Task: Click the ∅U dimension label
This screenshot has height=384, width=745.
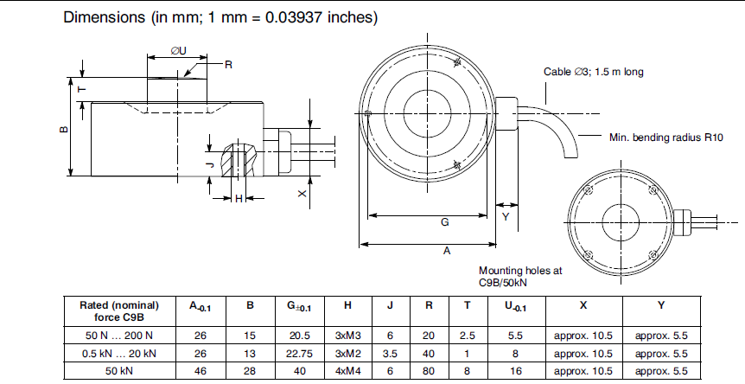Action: (179, 51)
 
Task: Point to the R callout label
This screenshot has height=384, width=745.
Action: (229, 65)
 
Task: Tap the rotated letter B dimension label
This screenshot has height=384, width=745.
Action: (63, 129)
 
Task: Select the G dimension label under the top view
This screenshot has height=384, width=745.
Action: (444, 222)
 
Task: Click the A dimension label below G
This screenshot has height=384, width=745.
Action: (447, 251)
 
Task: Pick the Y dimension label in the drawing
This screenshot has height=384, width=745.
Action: (506, 217)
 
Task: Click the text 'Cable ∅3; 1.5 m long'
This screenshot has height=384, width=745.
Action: (593, 72)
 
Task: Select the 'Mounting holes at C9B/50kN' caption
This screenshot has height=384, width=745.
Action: (519, 276)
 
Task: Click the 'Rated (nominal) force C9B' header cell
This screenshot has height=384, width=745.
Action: (119, 310)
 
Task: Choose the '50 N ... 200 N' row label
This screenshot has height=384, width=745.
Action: (119, 334)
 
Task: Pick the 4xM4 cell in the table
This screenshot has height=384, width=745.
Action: (347, 371)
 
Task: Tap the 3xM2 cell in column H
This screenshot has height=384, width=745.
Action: (347, 353)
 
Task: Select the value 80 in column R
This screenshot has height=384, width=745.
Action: (428, 371)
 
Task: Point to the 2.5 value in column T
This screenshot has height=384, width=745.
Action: (467, 334)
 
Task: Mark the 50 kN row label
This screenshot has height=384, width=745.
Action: (119, 371)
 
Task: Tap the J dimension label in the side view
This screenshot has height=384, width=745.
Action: (209, 163)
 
